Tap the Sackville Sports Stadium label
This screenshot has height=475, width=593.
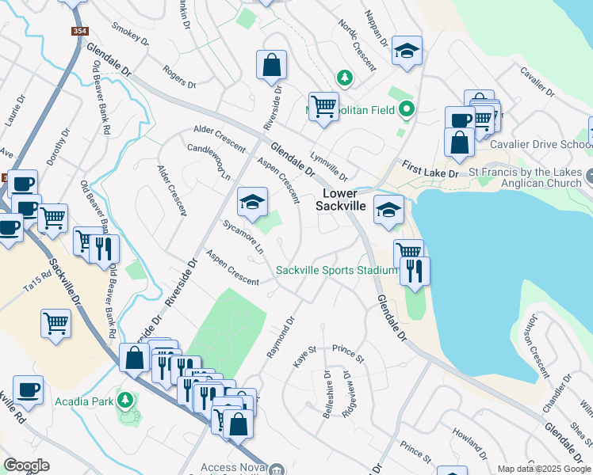[x=337, y=271]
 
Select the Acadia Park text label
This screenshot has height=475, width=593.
[x=85, y=401]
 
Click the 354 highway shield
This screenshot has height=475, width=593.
[x=78, y=31]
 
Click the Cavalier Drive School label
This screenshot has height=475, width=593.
[x=541, y=145]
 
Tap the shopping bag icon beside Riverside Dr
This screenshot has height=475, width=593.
[x=271, y=68]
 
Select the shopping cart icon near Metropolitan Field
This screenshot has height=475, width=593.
[x=323, y=108]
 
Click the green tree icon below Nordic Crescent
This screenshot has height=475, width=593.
[x=345, y=78]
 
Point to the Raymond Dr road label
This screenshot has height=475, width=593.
[x=280, y=338]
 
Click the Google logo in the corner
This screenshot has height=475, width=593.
[x=26, y=465]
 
